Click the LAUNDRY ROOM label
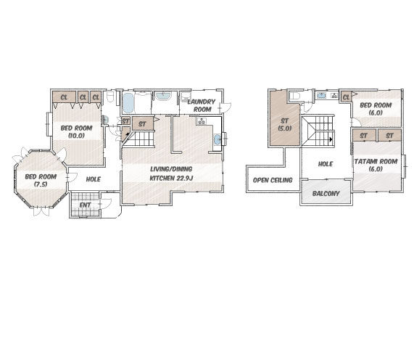[x=202, y=105]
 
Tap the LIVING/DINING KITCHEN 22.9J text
[x=171, y=173]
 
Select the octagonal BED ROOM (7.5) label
[x=41, y=180]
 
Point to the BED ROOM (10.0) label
[x=77, y=131]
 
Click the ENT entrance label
[x=85, y=205]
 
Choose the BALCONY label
[x=326, y=194]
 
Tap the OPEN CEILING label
[x=273, y=180]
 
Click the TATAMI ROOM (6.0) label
[x=376, y=165]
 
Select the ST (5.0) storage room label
[x=285, y=125]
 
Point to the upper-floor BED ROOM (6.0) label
[x=376, y=109]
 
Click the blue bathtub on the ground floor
[x=128, y=103]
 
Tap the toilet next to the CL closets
[x=109, y=97]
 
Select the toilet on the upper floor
[x=294, y=95]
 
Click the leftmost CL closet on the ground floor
[x=64, y=97]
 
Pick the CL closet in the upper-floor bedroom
[x=346, y=97]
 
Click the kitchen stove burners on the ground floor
[x=202, y=121]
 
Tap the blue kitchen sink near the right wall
[x=217, y=139]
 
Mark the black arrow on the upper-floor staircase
[x=331, y=139]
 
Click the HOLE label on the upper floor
[x=326, y=164]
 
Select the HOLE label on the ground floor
[x=94, y=179]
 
